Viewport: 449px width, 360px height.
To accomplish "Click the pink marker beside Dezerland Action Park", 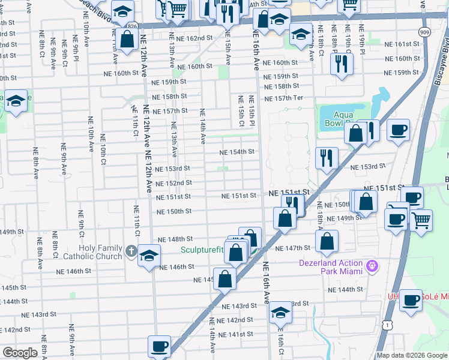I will [x=372, y=264].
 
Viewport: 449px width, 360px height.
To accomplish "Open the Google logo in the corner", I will [x=20, y=353].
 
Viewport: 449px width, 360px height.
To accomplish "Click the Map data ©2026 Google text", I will [x=411, y=355].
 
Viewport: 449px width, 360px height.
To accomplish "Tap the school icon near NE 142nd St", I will [x=280, y=313].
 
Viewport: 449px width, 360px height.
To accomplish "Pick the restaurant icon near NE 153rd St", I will [x=327, y=158].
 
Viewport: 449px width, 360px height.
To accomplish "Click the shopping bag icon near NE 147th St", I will [x=327, y=241].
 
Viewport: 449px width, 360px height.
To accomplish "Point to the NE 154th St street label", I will [x=238, y=152].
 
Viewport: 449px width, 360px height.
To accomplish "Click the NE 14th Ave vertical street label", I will [x=202, y=126].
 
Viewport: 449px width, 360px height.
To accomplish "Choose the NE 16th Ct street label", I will [x=280, y=342].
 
